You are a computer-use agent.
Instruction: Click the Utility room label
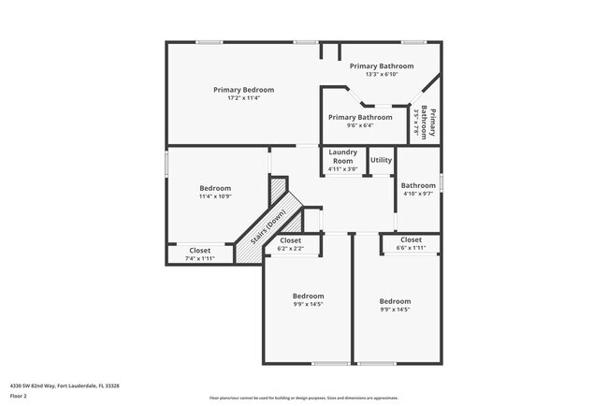(x=381, y=160)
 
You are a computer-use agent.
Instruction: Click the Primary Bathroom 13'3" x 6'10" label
(x=382, y=66)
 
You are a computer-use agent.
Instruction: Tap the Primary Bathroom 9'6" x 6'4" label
(x=360, y=117)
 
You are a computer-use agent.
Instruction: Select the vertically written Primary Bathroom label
(x=427, y=123)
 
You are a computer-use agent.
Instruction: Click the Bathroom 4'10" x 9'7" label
(x=418, y=185)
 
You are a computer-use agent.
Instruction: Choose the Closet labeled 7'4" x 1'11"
(x=200, y=251)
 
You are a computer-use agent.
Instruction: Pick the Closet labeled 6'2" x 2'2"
(x=290, y=240)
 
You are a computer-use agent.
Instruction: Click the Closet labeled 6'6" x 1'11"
(x=411, y=240)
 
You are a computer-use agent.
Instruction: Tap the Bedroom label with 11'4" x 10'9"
(x=214, y=188)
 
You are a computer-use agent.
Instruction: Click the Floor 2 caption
(x=19, y=396)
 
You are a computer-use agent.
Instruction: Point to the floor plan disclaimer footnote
(x=303, y=399)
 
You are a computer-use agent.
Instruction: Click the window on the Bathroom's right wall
(x=440, y=183)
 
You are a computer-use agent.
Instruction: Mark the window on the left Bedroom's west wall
(x=166, y=162)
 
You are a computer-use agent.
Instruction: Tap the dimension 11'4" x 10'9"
(x=214, y=196)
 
